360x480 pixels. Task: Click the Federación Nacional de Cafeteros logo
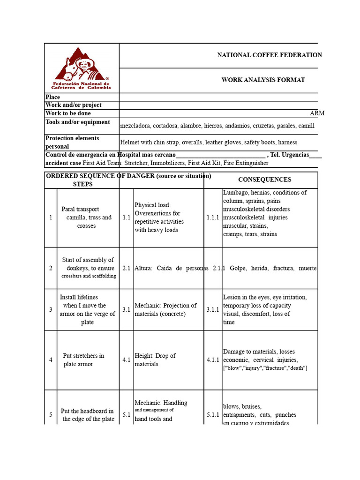[x=82, y=68]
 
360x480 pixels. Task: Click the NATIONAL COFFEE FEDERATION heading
[x=269, y=55]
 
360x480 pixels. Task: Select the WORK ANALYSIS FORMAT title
[x=263, y=80]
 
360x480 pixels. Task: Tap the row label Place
[x=53, y=97]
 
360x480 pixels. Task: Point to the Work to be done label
[x=68, y=113]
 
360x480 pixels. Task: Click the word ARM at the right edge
[x=317, y=113]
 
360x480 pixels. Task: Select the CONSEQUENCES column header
[x=264, y=180]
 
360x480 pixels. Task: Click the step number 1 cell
[x=51, y=217]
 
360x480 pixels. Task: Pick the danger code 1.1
[x=127, y=217]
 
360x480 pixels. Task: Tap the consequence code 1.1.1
[x=213, y=217]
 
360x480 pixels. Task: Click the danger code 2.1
[x=127, y=268]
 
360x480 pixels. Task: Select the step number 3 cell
[x=51, y=310]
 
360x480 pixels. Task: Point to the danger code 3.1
[x=127, y=310]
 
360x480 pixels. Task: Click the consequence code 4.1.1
[x=213, y=360]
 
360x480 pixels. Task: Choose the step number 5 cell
[x=51, y=415]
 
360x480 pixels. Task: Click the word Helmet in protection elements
[x=130, y=142]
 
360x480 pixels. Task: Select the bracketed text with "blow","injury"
[x=265, y=368]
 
